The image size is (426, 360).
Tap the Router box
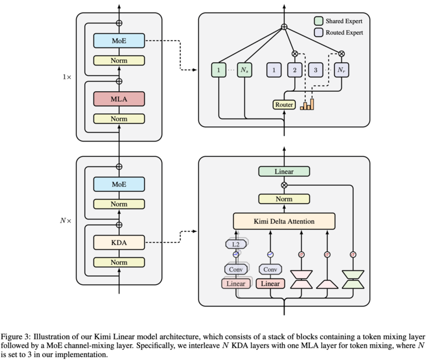coord(283,105)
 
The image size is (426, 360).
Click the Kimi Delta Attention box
coord(284,221)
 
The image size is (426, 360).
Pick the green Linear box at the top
coord(284,172)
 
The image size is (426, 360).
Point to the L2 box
coord(235,243)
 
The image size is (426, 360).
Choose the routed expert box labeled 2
coord(294,70)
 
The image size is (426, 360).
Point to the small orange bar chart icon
coord(307,105)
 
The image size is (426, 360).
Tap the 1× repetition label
coord(67,78)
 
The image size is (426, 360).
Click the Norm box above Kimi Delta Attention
coord(284,198)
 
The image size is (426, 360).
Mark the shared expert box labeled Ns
coord(246,70)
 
